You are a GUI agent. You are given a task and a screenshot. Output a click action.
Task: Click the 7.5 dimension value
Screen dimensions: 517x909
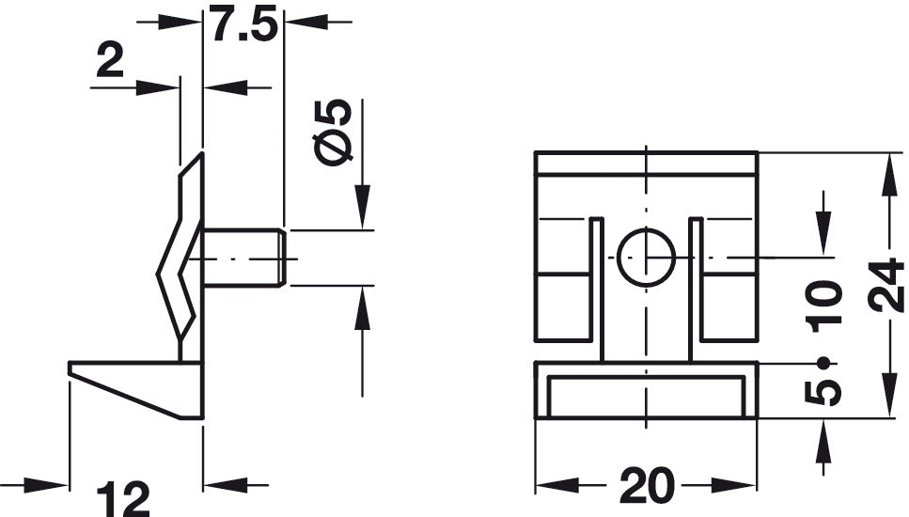(243, 24)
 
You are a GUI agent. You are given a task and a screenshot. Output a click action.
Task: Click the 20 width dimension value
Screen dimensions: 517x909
(646, 486)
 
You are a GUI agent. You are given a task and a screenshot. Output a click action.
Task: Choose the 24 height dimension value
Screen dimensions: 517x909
(885, 287)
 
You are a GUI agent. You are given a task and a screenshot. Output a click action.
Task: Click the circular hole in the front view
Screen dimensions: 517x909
(646, 257)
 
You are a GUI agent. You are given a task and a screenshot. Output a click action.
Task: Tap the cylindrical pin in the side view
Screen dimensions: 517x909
(242, 257)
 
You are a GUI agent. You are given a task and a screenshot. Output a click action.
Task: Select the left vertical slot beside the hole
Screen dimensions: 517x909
(596, 287)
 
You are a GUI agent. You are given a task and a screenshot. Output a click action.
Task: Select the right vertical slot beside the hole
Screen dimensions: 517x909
(696, 287)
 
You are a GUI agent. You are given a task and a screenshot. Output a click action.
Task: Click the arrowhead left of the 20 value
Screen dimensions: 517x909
(555, 486)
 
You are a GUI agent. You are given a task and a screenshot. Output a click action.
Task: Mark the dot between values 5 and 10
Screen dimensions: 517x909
(823, 363)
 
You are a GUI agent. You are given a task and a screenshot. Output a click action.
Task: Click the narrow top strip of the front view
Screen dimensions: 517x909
(646, 163)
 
